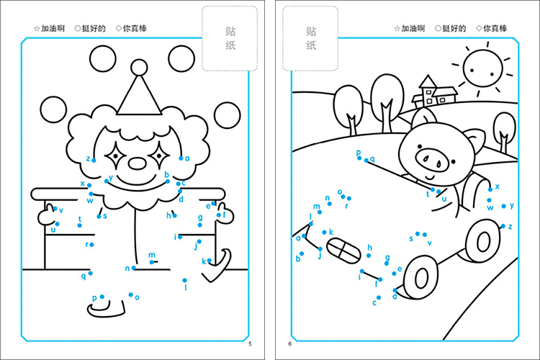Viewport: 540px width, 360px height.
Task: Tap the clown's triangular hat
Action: tap(139, 96)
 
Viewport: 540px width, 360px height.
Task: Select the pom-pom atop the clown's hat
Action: tap(139, 68)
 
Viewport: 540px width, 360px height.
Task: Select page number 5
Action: tap(250, 343)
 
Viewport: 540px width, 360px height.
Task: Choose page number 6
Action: tap(289, 343)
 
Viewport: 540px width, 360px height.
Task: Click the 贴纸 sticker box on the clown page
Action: tap(230, 38)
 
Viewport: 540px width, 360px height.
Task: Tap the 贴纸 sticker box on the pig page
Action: tap(311, 38)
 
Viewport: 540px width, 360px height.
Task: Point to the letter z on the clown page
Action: tap(88, 158)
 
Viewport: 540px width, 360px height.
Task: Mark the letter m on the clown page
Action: tap(152, 255)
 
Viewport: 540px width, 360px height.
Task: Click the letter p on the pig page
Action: tap(359, 153)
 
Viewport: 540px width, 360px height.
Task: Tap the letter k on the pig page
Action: tap(331, 232)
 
